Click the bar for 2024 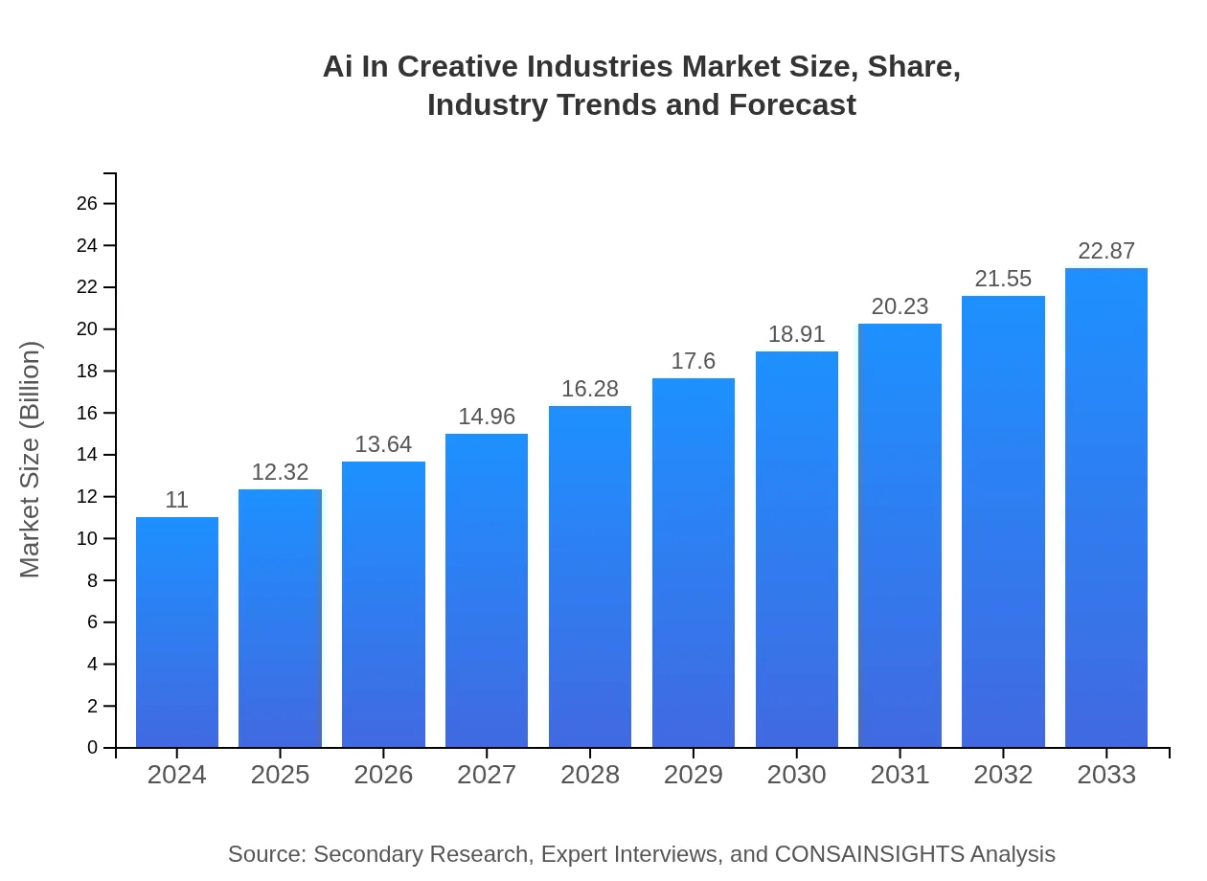click(x=177, y=632)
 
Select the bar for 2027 click(x=487, y=590)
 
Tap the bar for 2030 click(x=797, y=549)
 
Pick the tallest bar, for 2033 click(x=1106, y=508)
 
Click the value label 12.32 click(x=280, y=472)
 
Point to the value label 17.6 click(x=694, y=361)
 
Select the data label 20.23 click(x=900, y=306)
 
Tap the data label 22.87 click(x=1106, y=251)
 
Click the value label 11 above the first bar click(x=176, y=500)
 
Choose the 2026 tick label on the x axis click(x=383, y=775)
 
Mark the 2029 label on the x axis click(x=694, y=775)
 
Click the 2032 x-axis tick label click(x=1003, y=775)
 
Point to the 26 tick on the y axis click(x=87, y=204)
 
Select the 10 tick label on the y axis click(x=87, y=539)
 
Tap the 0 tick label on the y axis click(x=93, y=748)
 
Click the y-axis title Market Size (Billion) click(x=31, y=460)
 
